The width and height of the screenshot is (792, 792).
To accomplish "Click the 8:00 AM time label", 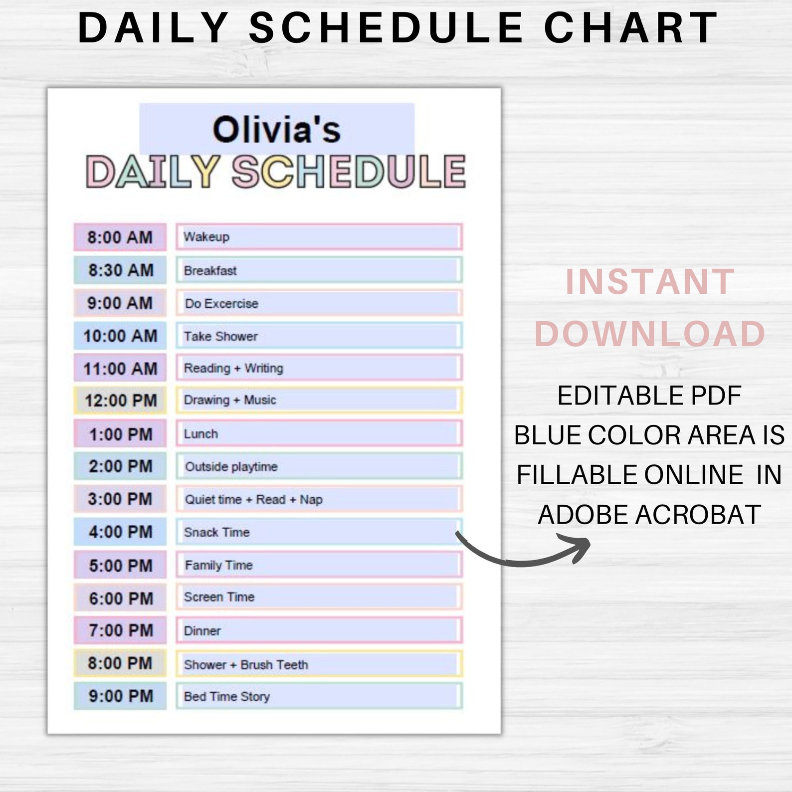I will point(120,237).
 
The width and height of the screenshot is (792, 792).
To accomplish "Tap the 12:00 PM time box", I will point(120,400).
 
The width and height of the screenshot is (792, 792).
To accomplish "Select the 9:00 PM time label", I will point(121,696).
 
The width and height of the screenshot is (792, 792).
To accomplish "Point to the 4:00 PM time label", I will point(121,532).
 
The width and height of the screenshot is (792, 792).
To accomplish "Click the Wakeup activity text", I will point(206,237).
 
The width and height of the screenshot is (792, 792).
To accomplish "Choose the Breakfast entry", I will point(210,271).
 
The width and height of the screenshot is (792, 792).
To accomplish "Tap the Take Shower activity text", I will point(221,337).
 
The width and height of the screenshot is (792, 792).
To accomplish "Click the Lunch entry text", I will point(201,434).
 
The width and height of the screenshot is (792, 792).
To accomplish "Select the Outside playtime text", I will point(231,467).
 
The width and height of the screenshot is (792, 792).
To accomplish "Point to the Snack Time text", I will point(217,533).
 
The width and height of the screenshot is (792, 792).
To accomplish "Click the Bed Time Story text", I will point(227,697).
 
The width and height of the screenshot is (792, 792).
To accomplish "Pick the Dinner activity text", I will point(202,631).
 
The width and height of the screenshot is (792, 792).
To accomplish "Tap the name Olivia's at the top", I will point(277,130).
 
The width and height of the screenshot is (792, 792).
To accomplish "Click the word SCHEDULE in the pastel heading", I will point(349,172).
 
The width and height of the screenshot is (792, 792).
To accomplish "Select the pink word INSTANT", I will point(650,282).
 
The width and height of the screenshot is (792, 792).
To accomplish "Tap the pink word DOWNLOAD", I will point(650,334).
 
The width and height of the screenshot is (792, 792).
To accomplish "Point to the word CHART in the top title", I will point(630,28).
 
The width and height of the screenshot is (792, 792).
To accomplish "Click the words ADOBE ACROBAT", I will point(649,515).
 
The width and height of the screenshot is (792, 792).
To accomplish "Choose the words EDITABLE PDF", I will point(649,396).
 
